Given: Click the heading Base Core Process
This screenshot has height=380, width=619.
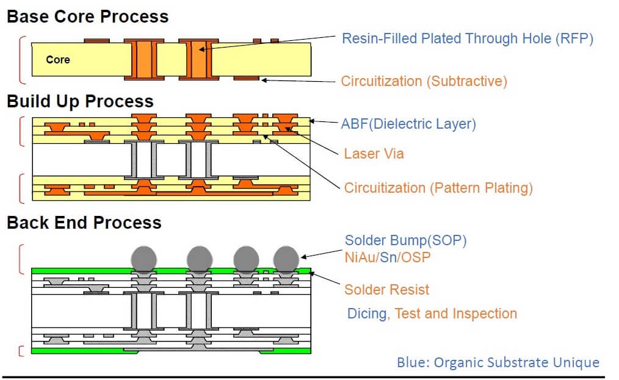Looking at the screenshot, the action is tap(88, 16).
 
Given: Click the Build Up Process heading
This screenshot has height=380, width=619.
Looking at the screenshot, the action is tap(80, 101).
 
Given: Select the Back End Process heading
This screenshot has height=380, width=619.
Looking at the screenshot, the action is tap(84, 223).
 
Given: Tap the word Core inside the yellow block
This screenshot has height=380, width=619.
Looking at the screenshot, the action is tap(57, 60).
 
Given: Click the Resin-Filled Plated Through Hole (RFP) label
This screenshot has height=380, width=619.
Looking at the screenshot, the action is tap(468, 38).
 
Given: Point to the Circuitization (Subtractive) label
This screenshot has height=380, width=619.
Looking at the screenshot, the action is tap(424, 81).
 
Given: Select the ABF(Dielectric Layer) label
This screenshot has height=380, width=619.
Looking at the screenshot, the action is tap(408, 124).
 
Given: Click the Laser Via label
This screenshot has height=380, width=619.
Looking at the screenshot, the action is tap(374, 154).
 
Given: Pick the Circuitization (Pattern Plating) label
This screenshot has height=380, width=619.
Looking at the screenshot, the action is tap(438, 188).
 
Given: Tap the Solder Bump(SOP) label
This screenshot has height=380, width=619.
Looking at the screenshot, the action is tap(406, 240).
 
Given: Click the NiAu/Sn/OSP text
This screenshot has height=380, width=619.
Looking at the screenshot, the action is tap(387, 257).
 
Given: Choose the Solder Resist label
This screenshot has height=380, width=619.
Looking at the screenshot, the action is tap(386, 290).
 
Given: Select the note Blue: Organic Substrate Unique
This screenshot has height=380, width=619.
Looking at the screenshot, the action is tap(498, 362).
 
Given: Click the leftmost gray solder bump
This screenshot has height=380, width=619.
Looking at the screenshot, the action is tap(143, 259).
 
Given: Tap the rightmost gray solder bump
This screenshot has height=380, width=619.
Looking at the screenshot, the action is tap(286, 259).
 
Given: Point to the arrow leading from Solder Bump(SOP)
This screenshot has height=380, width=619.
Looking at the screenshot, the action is tap(321, 254).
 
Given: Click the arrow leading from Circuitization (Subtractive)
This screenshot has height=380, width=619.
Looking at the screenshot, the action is tap(299, 81).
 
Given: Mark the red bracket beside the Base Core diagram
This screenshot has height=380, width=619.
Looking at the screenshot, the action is tap(23, 60).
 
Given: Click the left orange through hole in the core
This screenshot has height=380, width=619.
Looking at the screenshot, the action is tap(144, 60).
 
